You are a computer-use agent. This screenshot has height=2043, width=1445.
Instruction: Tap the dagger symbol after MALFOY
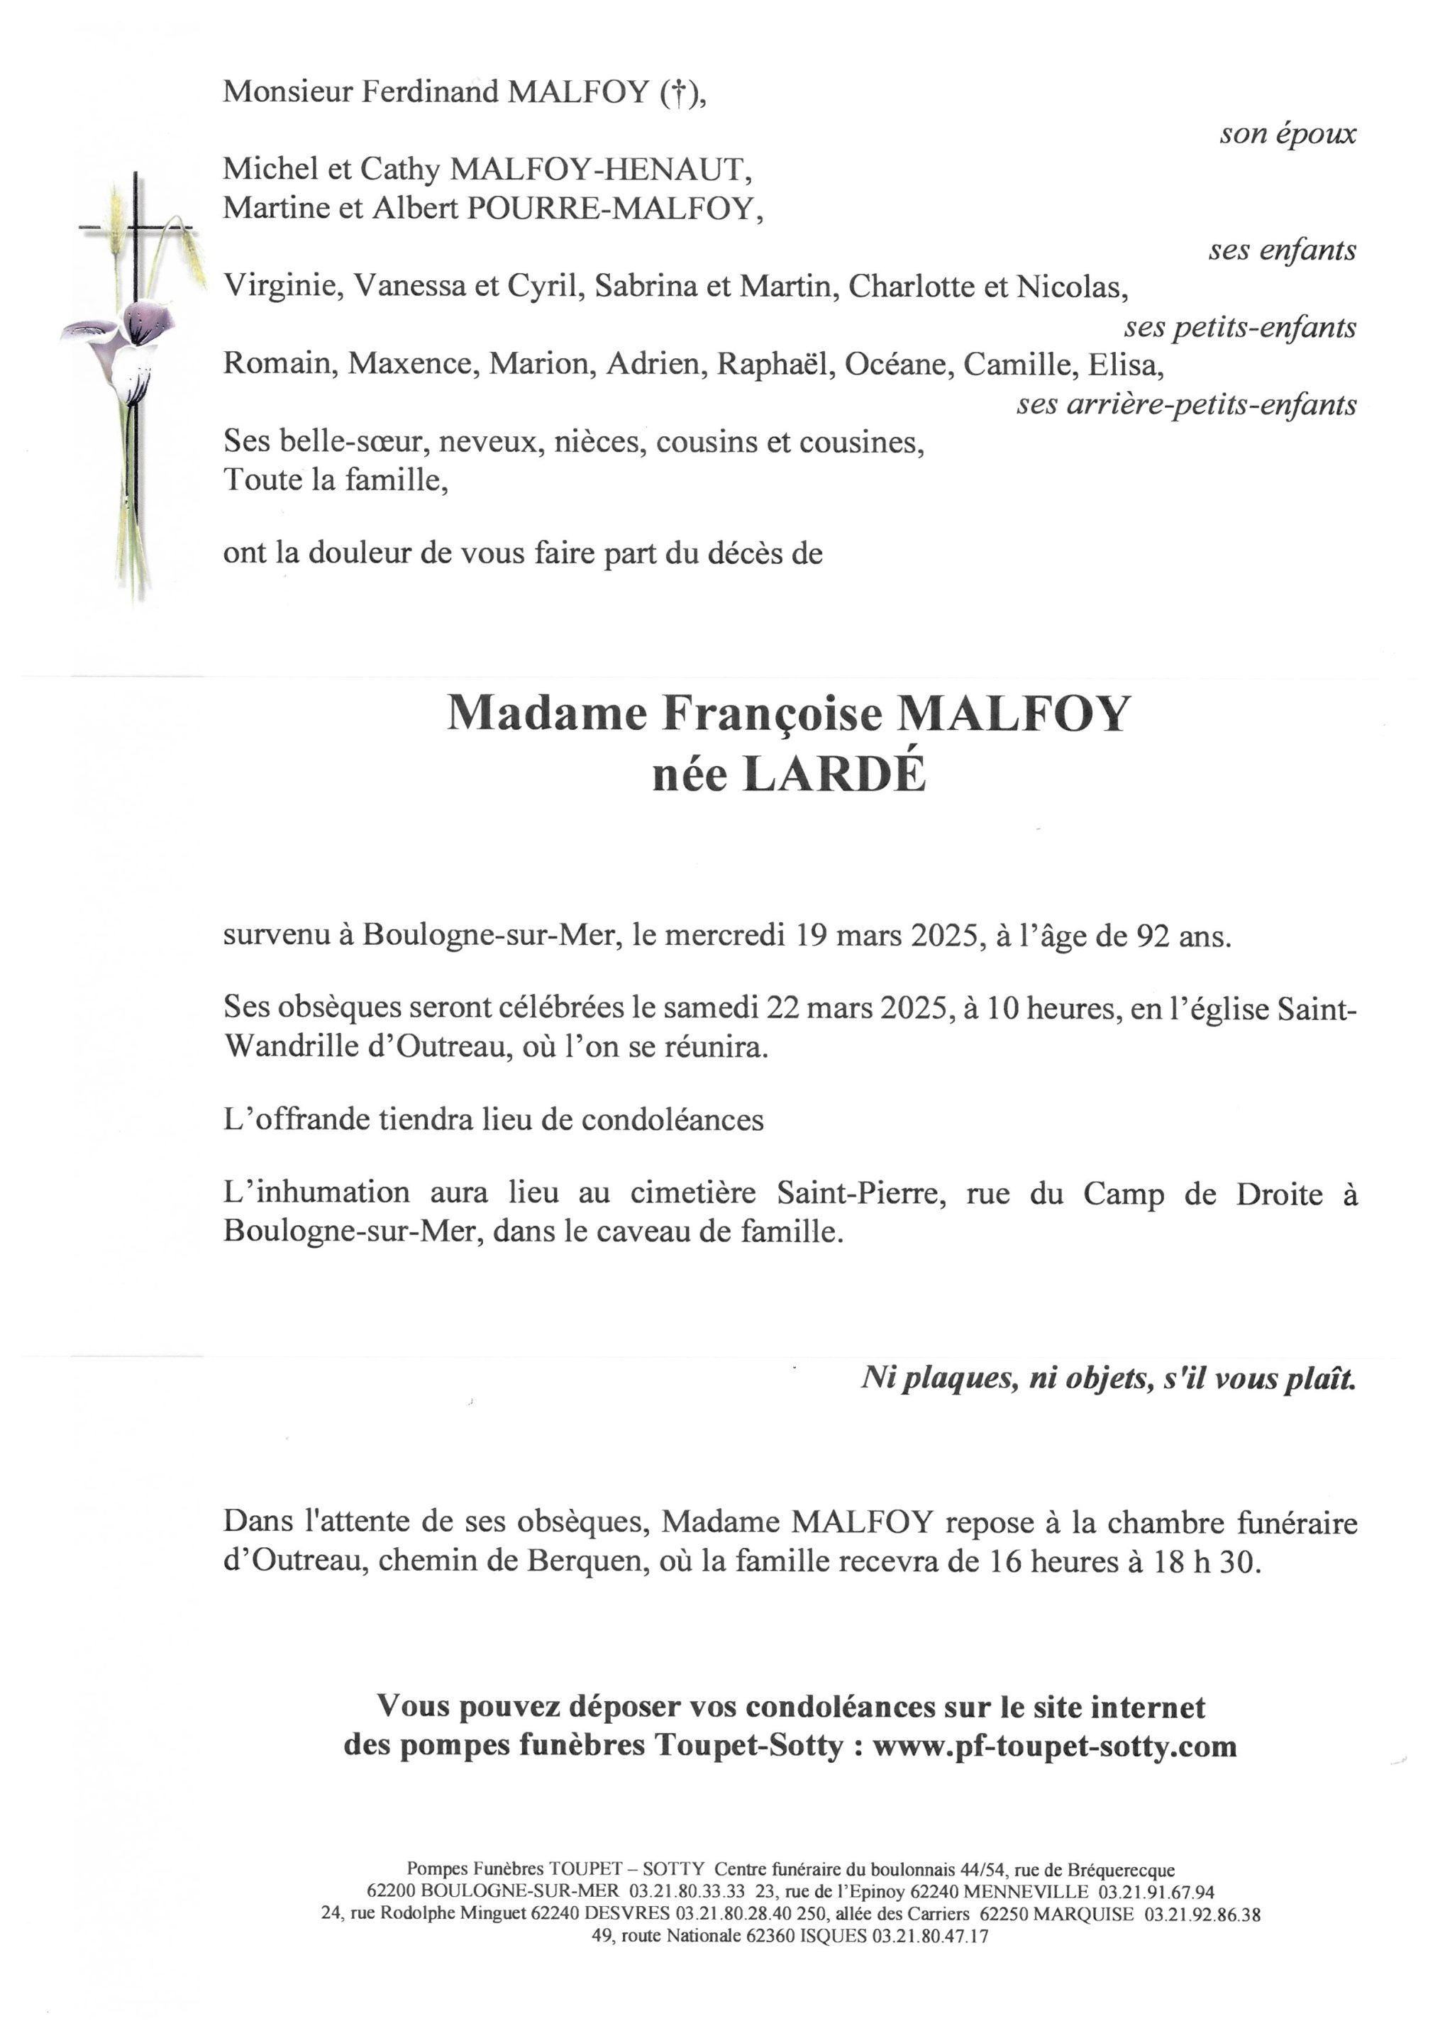coord(677,92)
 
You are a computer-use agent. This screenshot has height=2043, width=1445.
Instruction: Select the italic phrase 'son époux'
coord(1288,133)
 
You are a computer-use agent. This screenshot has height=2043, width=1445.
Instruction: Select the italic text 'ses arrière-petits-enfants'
coord(1186,405)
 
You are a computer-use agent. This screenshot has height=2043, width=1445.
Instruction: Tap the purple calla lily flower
coord(133,333)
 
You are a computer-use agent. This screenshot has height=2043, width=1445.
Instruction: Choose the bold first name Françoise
coord(770,713)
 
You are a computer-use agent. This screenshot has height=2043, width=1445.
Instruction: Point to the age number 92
coord(1153,936)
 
